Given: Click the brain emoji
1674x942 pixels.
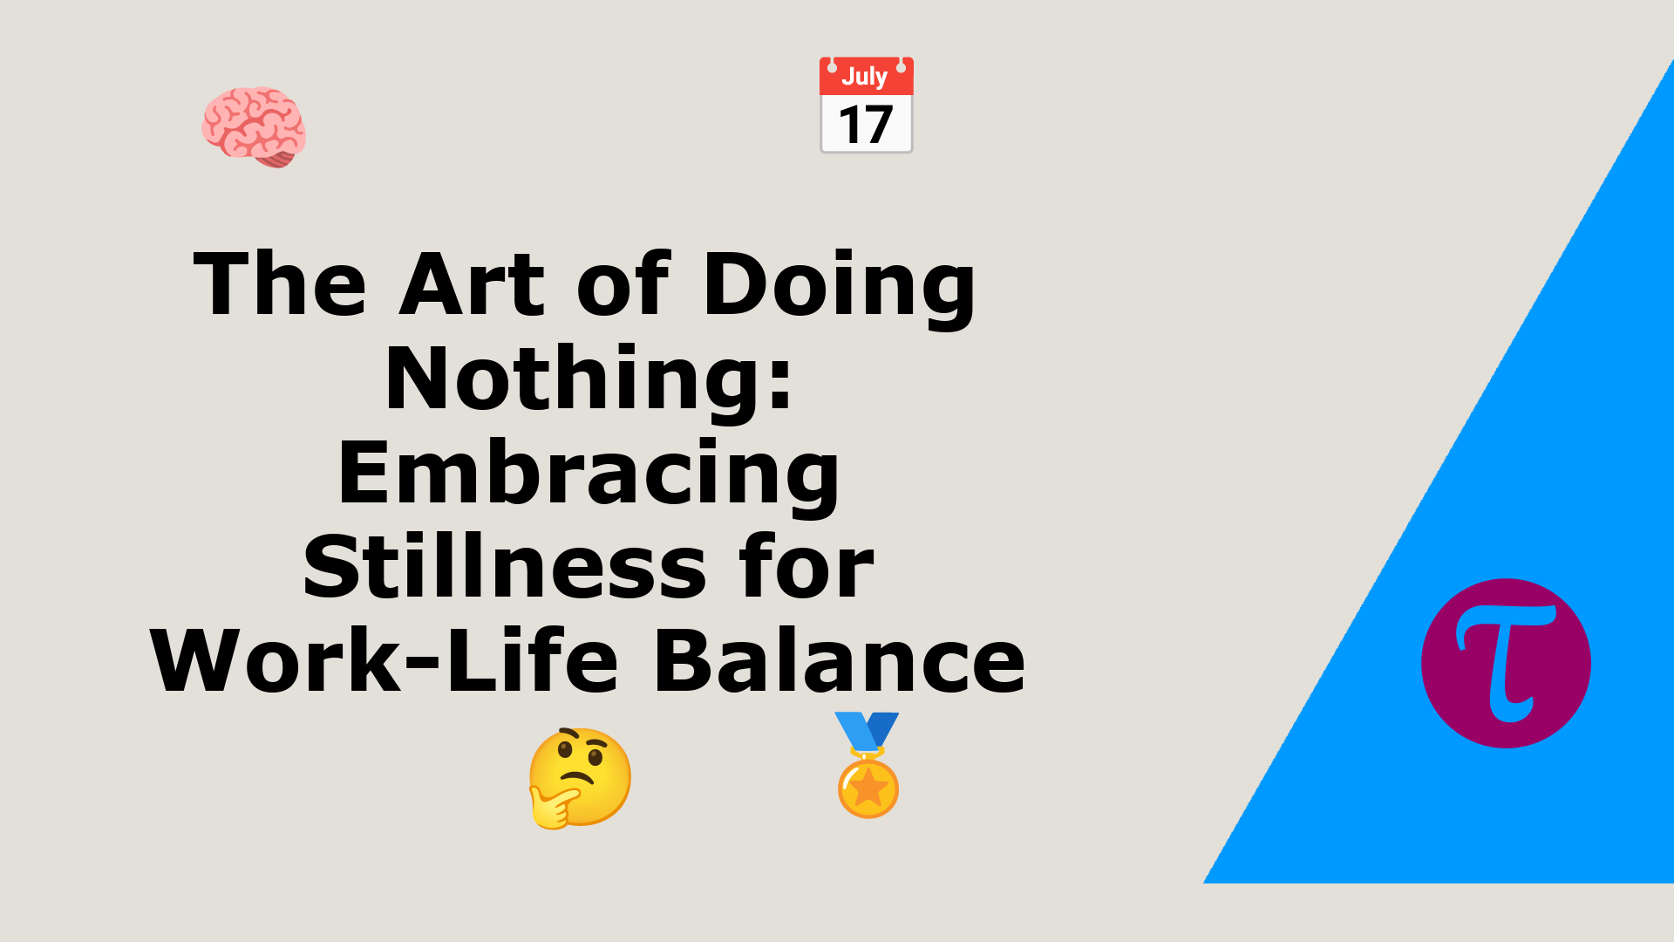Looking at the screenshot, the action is (x=254, y=127).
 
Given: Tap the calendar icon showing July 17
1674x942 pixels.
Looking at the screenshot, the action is (x=866, y=105).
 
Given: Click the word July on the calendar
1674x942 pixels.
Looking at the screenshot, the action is (x=864, y=77).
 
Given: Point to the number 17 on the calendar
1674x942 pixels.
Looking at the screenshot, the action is (x=866, y=125).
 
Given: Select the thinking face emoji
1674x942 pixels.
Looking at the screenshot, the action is (x=580, y=777).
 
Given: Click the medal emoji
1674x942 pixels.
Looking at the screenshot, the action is (x=868, y=765).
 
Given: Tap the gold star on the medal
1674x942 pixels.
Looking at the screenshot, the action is (x=868, y=788).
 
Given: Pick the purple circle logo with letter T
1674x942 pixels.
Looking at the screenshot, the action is (x=1506, y=663).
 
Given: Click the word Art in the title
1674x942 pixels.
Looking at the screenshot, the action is (x=472, y=284).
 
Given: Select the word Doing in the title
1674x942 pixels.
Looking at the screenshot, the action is (x=839, y=288).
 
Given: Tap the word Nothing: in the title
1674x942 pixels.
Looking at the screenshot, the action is (x=589, y=381).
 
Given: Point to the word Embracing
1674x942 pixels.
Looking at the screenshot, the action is (x=589, y=475).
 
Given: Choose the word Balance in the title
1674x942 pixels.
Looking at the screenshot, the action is (x=840, y=661).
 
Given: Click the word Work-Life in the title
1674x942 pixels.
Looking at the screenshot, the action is (x=384, y=661).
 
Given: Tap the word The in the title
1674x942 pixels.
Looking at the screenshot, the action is (x=280, y=284).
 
